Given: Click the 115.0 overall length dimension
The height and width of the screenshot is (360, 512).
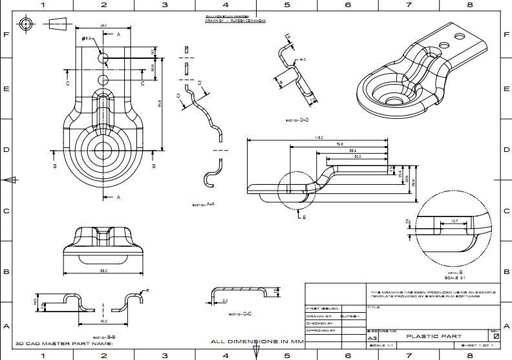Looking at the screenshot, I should (319, 138).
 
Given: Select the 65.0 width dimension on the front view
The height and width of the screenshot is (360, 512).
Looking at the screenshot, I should (103, 271).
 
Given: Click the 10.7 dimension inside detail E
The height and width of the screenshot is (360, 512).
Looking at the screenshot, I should (454, 221).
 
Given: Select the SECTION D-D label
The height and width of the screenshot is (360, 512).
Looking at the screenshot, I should (297, 120).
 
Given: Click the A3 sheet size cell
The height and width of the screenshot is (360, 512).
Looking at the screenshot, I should (372, 338).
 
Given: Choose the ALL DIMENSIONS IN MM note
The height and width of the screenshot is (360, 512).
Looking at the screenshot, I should (257, 341).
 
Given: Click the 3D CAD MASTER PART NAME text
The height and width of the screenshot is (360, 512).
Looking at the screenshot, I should (63, 344).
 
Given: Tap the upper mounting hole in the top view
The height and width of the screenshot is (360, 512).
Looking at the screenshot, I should (103, 58).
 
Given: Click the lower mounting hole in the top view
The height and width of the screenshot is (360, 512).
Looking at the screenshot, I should (103, 79).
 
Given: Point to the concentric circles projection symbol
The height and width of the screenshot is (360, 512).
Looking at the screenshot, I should (26, 24).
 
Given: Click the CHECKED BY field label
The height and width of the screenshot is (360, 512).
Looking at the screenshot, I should (319, 323).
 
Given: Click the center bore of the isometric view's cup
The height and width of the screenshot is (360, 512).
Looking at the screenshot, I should (393, 101).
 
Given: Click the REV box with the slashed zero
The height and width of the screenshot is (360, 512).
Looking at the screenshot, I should (496, 336).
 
